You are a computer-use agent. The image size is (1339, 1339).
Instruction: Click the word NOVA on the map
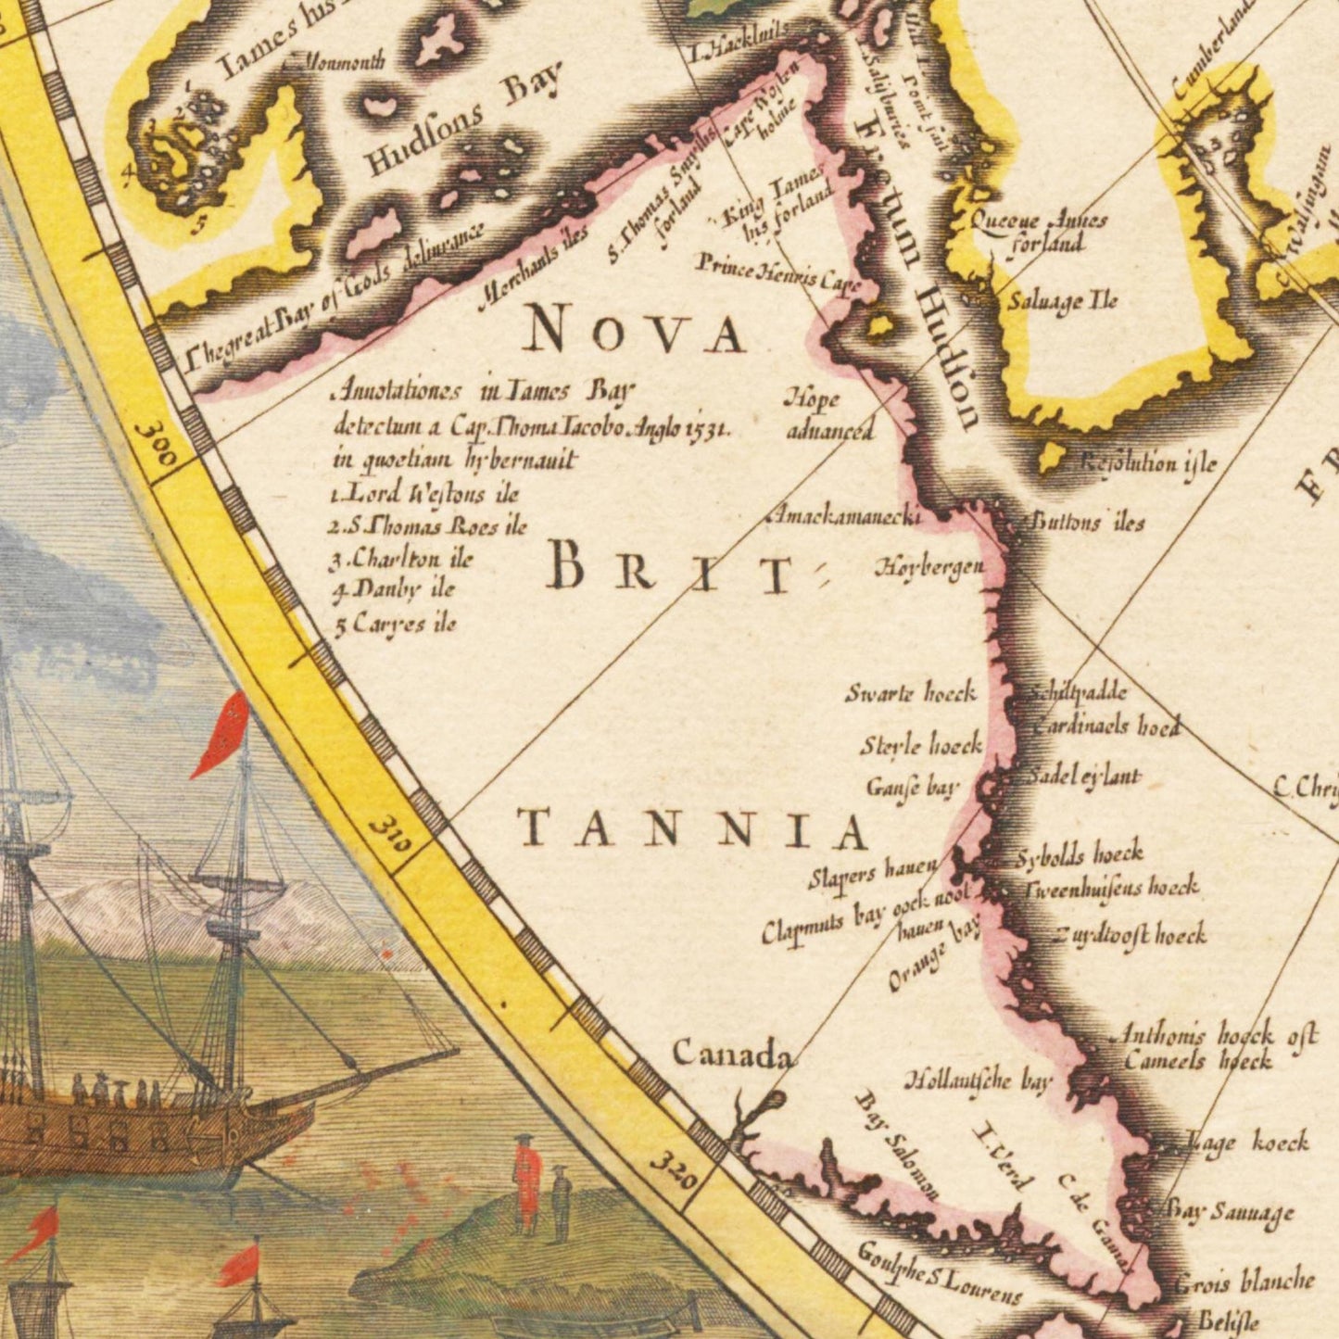[634, 331]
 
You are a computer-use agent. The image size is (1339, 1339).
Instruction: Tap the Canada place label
[732, 1054]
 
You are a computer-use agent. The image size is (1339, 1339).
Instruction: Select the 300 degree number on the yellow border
[155, 446]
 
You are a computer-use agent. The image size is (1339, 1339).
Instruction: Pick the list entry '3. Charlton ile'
[401, 559]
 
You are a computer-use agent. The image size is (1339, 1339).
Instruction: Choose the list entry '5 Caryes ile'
[395, 624]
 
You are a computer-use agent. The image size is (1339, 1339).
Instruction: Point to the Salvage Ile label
[1063, 301]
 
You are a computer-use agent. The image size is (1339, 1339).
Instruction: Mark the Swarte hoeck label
[910, 693]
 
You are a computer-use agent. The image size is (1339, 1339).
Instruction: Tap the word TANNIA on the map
[692, 828]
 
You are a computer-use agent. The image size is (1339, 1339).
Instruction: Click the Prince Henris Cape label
[778, 273]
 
